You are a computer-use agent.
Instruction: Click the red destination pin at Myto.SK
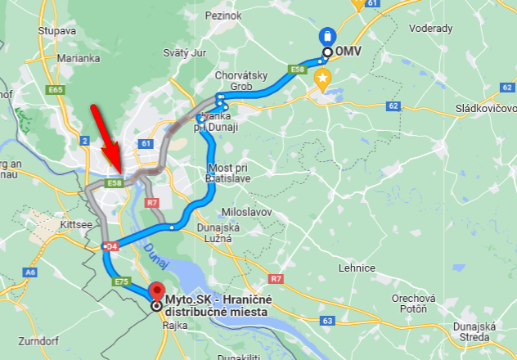[156, 292]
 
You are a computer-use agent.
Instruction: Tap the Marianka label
[79, 58]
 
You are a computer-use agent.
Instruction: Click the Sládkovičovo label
[486, 108]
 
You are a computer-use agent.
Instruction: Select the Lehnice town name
[357, 268]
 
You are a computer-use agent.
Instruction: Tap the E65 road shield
[56, 88]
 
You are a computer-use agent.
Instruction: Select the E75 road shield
[121, 281]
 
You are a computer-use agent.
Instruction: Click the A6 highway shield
[30, 272]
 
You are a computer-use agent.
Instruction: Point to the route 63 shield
[327, 322]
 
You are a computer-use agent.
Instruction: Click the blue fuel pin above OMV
[327, 37]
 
